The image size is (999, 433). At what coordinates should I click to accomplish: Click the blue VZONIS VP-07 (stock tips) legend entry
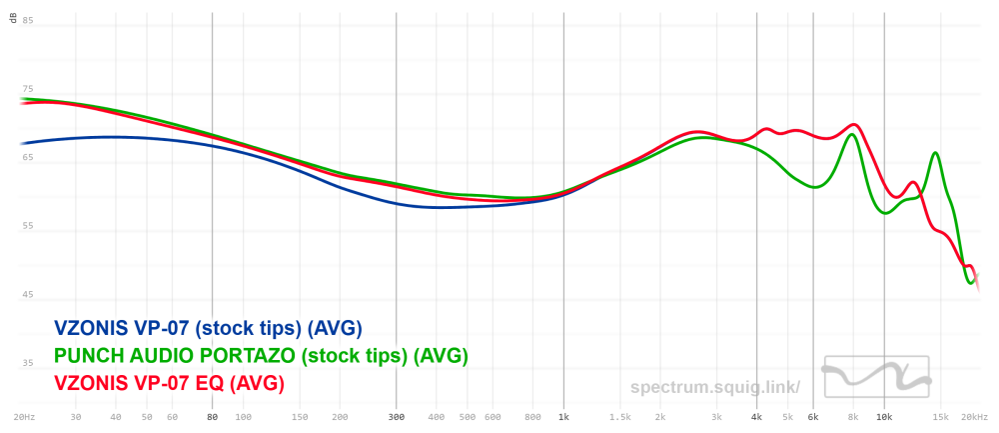[x=208, y=328]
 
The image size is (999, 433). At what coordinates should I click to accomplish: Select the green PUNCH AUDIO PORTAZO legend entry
[x=261, y=355]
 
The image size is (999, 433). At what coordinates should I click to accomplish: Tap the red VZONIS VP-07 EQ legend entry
[x=169, y=382]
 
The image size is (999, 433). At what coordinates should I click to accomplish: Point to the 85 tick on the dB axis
[x=28, y=21]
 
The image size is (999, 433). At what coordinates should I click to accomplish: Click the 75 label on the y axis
[x=28, y=89]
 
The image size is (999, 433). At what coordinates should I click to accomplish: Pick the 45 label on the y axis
[x=28, y=295]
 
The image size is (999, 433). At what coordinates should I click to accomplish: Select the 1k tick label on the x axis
[x=564, y=416]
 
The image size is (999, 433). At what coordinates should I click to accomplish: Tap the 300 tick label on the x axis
[x=397, y=416]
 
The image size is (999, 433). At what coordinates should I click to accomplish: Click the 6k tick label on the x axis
[x=813, y=416]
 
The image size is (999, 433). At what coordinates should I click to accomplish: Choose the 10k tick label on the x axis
[x=884, y=416]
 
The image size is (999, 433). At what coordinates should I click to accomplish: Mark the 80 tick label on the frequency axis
[x=212, y=416]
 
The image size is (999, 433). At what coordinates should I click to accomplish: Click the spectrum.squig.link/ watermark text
[x=715, y=387]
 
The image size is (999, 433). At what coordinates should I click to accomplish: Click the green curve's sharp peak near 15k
[x=935, y=153]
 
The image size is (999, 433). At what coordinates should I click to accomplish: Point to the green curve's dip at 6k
[x=815, y=187]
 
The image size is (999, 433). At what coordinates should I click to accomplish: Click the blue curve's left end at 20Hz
[x=22, y=143]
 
